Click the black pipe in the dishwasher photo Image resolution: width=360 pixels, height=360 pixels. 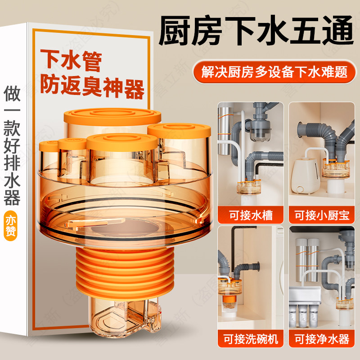(x=234, y=247)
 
